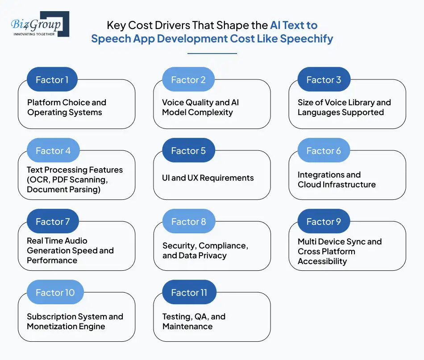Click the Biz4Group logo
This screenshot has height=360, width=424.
[40, 24]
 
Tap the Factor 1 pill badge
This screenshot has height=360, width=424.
[52, 80]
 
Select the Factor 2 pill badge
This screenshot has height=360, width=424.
[188, 80]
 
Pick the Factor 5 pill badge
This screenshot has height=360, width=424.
[188, 151]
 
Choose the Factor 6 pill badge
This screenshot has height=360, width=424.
[324, 151]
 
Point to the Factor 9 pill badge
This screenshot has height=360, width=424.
[324, 222]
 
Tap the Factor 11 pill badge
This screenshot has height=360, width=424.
[189, 293]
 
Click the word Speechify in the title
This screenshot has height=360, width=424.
[307, 38]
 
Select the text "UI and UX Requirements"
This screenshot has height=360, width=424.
[208, 178]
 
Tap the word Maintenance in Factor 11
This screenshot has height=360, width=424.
[187, 327]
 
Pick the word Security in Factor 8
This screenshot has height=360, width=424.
[179, 246]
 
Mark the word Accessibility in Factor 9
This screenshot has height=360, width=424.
[322, 261]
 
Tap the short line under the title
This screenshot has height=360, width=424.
[212, 54]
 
